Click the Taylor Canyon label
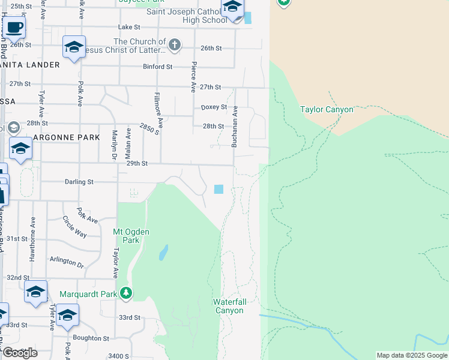click(x=327, y=109)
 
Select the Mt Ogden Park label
click(x=130, y=236)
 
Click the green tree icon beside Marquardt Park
click(x=126, y=293)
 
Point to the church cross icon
click(x=175, y=44)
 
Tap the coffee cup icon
click(x=14, y=27)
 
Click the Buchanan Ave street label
click(x=235, y=127)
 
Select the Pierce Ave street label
click(x=193, y=77)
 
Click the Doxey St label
click(x=214, y=107)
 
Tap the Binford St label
click(x=157, y=67)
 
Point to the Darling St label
click(x=79, y=181)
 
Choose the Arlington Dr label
click(x=66, y=262)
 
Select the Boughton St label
click(x=91, y=338)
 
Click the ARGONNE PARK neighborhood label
click(x=66, y=137)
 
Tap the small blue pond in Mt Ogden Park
click(x=163, y=253)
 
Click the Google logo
click(x=20, y=353)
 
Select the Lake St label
click(x=129, y=27)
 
